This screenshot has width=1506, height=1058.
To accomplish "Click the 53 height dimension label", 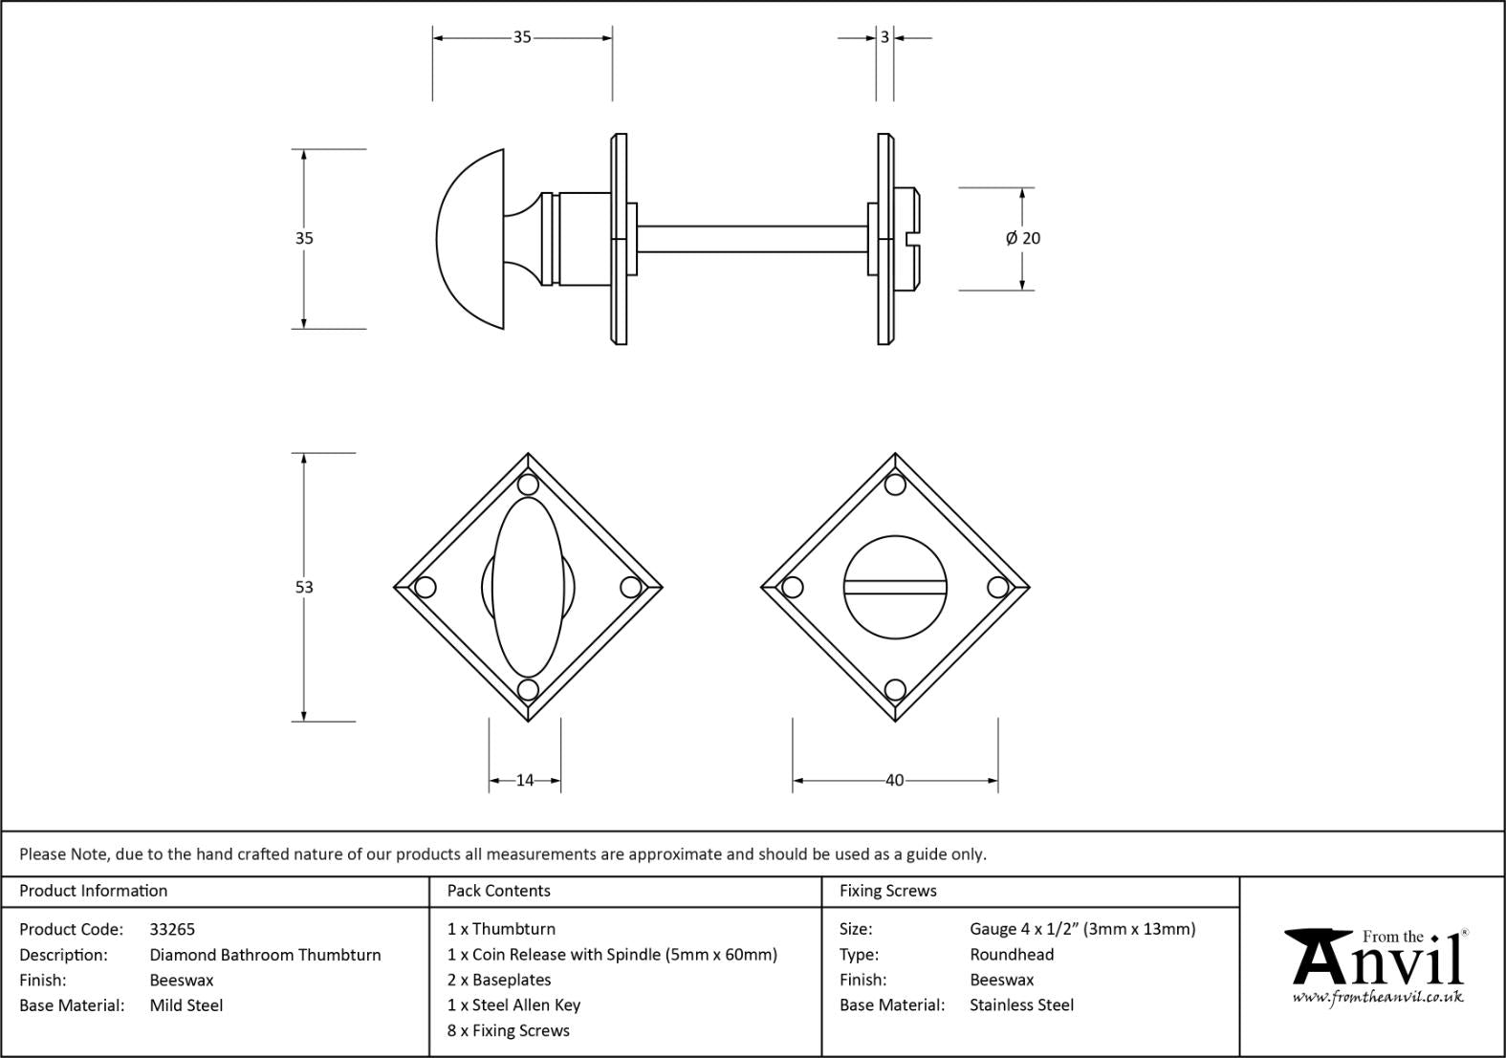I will click(304, 587).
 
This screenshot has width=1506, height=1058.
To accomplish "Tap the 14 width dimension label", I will click(525, 781).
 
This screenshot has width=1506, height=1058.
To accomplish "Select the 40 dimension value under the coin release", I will click(894, 781).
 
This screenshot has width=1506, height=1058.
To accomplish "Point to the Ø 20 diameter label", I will click(1023, 238).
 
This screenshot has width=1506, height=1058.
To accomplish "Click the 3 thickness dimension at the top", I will click(884, 37).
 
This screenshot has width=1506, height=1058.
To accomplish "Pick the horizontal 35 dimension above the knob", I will click(521, 37).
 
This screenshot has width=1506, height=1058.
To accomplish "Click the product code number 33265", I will click(172, 929).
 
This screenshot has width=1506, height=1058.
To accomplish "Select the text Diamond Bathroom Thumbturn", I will click(265, 955).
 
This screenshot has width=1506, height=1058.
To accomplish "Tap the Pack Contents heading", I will click(498, 891).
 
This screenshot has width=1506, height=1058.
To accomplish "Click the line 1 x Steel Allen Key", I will click(513, 1004).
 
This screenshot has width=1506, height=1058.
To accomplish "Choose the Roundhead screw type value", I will click(1011, 954).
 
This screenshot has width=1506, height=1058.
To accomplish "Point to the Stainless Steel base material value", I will click(1021, 1004).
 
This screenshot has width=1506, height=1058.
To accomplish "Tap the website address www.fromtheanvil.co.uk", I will click(1378, 997).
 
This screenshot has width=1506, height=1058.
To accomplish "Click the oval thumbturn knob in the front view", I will click(528, 587).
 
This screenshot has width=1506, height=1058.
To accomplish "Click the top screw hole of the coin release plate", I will click(895, 485).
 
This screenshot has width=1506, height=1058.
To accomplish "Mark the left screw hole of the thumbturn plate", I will click(426, 587).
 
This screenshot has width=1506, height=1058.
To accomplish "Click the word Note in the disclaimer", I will click(90, 854).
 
